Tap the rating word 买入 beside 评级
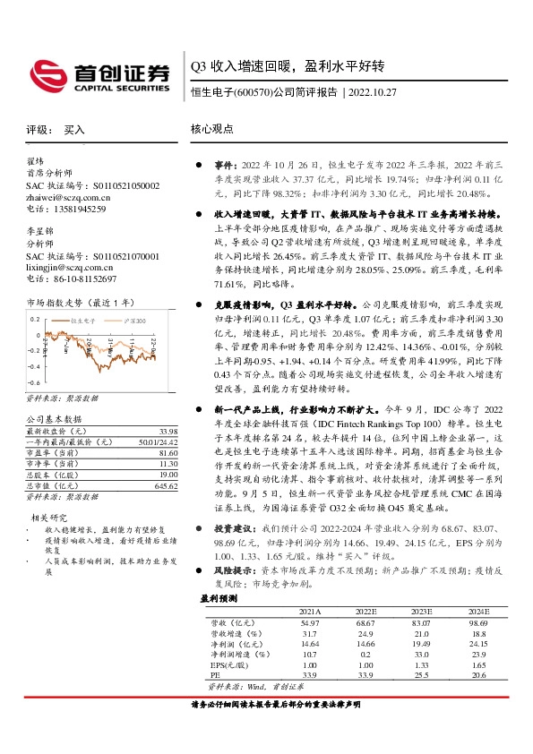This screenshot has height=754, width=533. tap(74, 130)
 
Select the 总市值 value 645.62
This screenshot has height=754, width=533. tap(140, 485)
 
